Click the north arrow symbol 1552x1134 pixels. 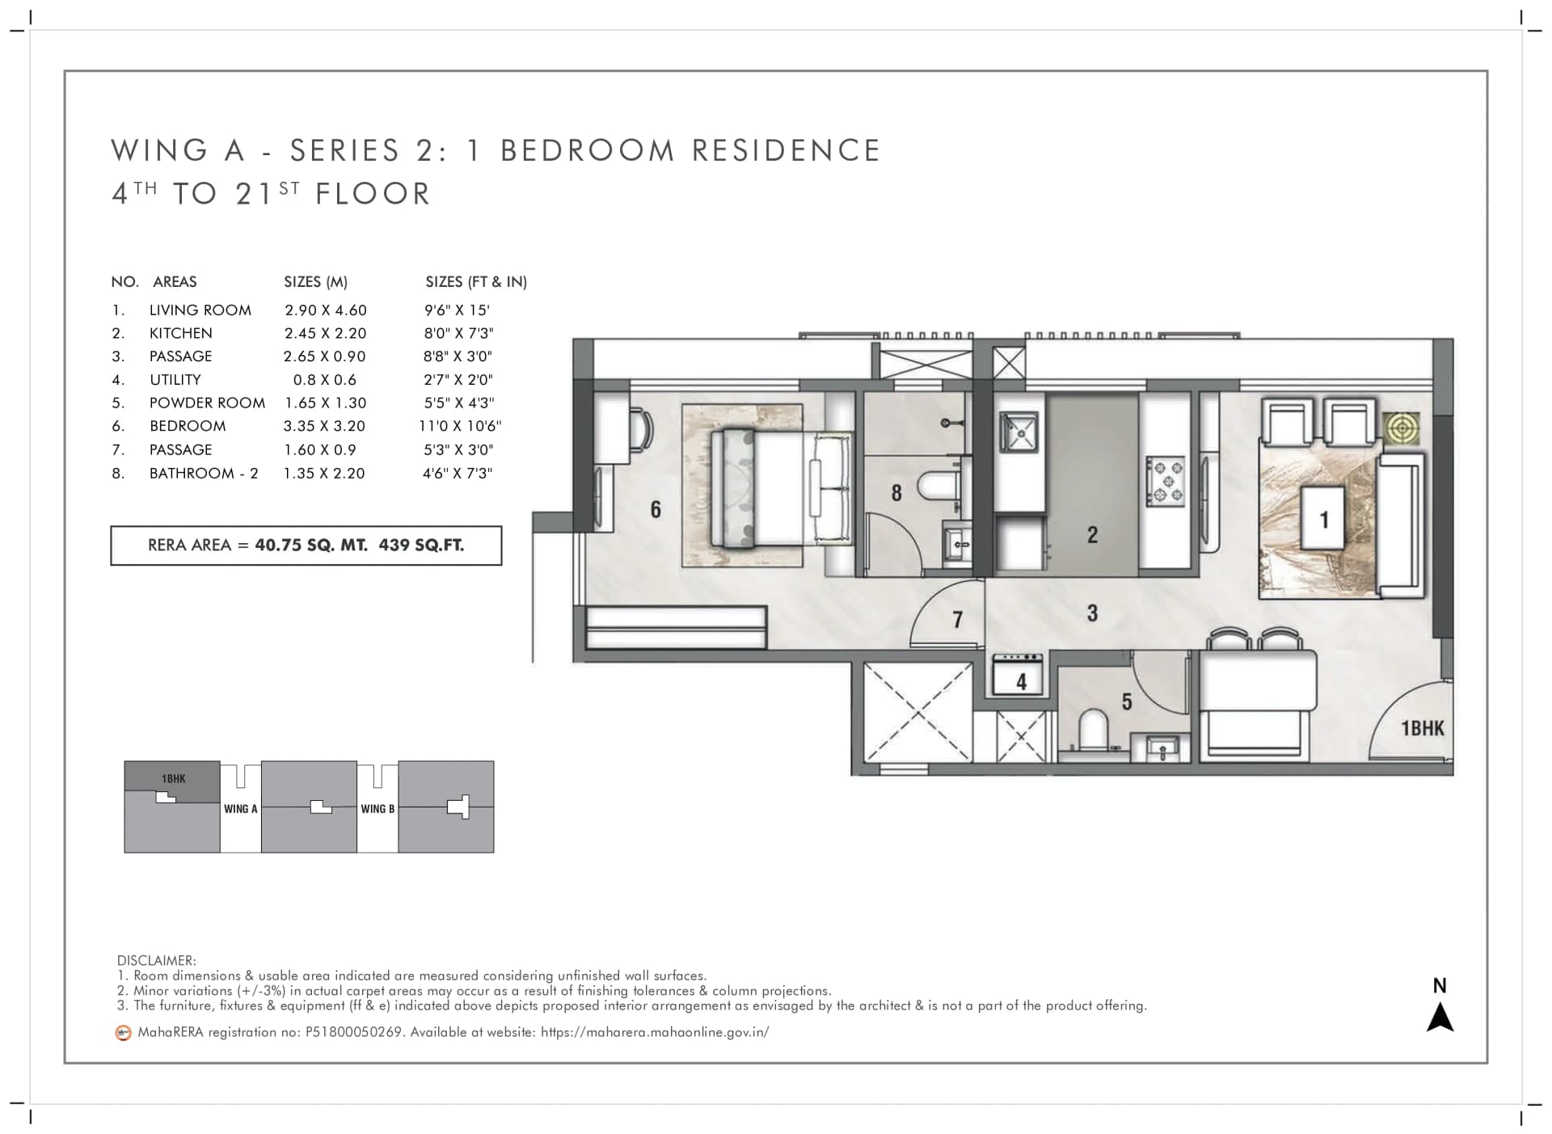tap(1440, 1018)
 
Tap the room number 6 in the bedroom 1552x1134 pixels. tap(656, 509)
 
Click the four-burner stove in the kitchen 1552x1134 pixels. tap(1165, 481)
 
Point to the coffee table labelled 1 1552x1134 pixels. tap(1323, 518)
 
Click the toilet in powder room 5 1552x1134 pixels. tap(1092, 728)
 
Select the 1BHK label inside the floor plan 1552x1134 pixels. tap(1422, 728)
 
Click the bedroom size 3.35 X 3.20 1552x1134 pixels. tap(324, 426)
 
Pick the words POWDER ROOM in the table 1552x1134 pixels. tap(207, 403)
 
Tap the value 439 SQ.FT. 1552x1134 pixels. tap(421, 545)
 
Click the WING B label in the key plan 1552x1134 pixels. tap(377, 808)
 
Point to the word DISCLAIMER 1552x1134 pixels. tap(156, 960)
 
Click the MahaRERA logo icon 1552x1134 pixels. tap(123, 1032)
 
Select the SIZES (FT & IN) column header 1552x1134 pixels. tap(476, 282)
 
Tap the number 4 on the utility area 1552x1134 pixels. tap(1021, 682)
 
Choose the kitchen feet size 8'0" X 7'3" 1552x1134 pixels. tap(458, 333)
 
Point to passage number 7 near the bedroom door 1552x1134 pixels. tap(957, 619)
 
